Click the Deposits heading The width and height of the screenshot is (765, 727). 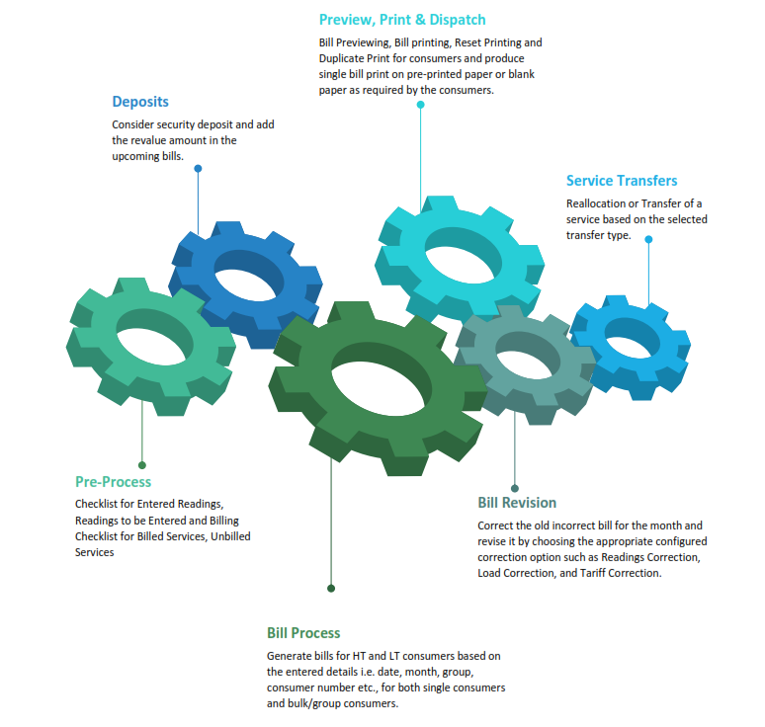coord(140,102)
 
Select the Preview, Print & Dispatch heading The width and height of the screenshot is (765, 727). coord(402,20)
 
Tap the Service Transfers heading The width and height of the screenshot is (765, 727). coord(622,181)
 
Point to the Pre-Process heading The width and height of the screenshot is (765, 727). coord(114,482)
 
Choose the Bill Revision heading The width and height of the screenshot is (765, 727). coord(517,503)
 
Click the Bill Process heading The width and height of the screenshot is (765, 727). coord(303,633)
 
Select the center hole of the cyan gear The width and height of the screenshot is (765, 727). coord(458,254)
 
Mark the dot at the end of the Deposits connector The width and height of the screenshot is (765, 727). coord(198,169)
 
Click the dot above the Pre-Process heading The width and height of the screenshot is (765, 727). coord(142,464)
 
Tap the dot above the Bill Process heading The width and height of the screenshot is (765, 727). coord(331,588)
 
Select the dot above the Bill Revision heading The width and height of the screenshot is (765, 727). coord(515,488)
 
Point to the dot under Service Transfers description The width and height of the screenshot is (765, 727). coord(648,237)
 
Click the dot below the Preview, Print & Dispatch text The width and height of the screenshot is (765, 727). coord(421,104)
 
